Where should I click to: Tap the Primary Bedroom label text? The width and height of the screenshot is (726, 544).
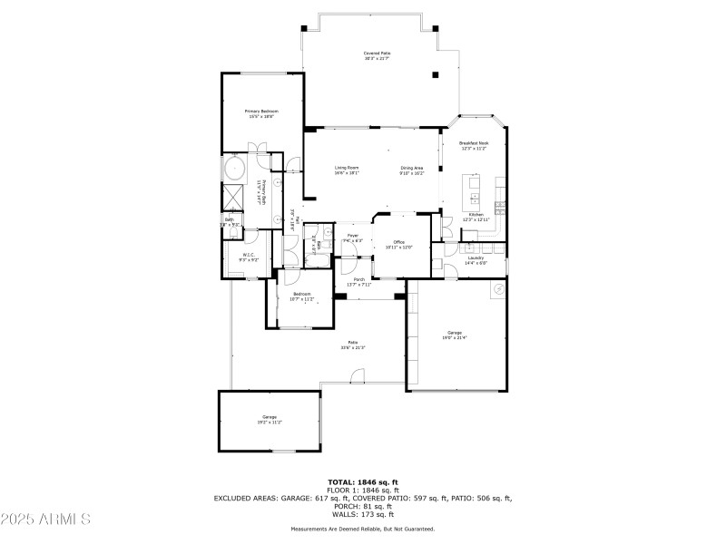(260, 113)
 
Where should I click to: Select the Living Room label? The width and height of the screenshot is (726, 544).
(347, 170)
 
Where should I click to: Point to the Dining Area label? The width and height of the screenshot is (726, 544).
(412, 170)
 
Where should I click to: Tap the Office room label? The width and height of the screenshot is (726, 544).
(399, 244)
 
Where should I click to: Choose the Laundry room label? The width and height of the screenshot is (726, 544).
(476, 259)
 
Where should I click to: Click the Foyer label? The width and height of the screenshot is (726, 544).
(353, 238)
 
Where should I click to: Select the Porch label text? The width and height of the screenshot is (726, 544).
(359, 282)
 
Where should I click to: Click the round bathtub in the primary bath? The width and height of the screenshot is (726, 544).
(234, 169)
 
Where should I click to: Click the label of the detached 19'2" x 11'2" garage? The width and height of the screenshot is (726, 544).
(270, 419)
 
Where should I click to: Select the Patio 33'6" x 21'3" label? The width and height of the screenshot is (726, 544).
(352, 345)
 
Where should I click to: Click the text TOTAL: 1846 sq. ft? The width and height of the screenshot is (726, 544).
(363, 482)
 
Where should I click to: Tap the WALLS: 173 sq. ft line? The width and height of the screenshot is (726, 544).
(363, 512)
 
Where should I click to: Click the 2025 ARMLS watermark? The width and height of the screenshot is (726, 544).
(45, 520)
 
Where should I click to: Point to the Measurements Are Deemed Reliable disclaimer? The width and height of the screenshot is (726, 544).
(363, 529)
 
